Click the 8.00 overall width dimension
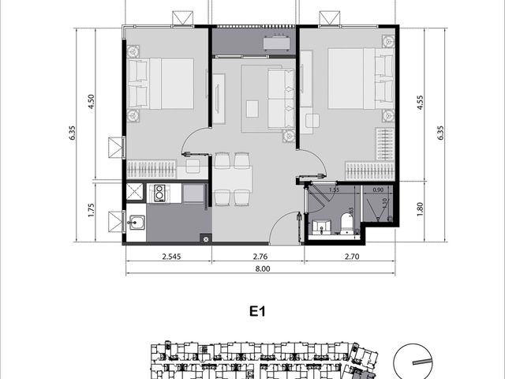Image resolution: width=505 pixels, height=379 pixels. [263, 268]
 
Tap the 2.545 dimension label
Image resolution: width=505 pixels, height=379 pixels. [171, 257]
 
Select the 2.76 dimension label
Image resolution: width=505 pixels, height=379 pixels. [260, 257]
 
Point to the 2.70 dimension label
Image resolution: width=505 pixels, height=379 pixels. [352, 257]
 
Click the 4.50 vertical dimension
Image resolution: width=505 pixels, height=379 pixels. [91, 102]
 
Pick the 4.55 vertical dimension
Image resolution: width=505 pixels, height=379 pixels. [420, 103]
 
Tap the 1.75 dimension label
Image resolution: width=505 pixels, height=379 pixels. [91, 210]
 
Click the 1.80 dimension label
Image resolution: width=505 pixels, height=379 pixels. [420, 208]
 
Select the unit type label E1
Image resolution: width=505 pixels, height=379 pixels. [257, 311]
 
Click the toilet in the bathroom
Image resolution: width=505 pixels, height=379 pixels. [347, 223]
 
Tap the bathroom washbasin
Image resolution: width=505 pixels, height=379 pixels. [321, 227]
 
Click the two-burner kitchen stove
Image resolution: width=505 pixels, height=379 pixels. [159, 193]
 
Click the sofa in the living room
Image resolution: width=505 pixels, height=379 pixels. [281, 99]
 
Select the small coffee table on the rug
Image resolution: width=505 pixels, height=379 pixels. [252, 109]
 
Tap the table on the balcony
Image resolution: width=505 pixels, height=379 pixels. [276, 43]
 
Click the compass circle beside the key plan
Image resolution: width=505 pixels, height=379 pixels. [413, 362]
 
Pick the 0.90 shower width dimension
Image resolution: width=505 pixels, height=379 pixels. [378, 189]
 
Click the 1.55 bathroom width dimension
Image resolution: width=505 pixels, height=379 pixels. [335, 189]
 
